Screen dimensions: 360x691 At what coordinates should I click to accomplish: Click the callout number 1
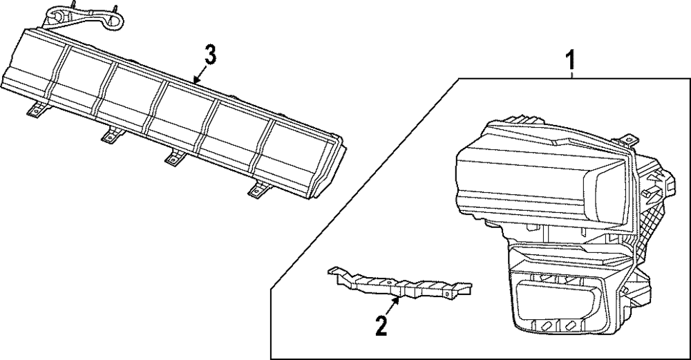coord(570,61)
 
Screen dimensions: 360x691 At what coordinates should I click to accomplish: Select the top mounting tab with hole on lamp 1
coord(630,141)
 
